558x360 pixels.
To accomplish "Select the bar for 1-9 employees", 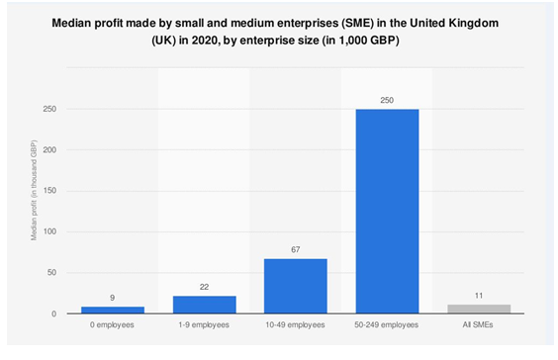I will point(204,305).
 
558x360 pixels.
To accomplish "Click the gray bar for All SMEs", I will point(479,309).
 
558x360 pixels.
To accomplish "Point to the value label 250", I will point(387,100).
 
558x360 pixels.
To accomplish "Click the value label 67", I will point(295,250).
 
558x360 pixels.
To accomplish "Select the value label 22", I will point(204,287).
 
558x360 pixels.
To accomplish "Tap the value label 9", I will point(112,298).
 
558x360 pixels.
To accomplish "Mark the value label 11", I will point(479,296).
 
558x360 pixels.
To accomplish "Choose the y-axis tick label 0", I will point(65,314).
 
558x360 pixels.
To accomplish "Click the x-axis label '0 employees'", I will point(112,326).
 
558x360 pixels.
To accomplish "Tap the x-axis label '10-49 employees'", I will point(295,326).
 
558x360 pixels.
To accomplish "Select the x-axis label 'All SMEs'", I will point(479,326).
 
